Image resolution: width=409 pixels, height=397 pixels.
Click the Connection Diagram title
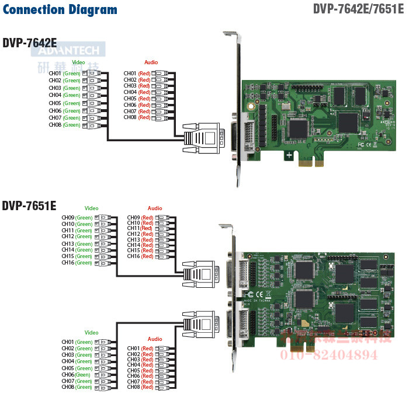(x=60, y=10)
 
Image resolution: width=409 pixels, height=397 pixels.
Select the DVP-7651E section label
(x=29, y=206)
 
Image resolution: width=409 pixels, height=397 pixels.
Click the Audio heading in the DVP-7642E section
(x=151, y=62)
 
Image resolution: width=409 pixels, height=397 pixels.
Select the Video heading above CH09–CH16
(x=91, y=208)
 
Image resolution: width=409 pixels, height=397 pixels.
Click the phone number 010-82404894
(x=330, y=354)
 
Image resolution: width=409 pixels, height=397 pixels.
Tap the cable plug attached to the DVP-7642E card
(x=202, y=138)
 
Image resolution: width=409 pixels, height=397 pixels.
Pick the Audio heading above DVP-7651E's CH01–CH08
(x=155, y=339)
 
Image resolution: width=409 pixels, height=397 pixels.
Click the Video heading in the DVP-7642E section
(x=78, y=62)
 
